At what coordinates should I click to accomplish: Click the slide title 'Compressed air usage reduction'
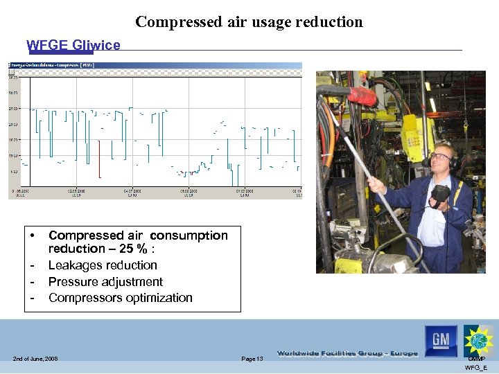coord(249,22)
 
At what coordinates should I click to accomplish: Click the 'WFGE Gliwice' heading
coord(73,46)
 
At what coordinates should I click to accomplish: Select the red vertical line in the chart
coord(99,159)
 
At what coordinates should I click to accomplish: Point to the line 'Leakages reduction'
coord(103,265)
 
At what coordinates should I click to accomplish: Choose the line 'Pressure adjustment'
coord(105,282)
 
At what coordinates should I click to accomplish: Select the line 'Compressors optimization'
coord(120,298)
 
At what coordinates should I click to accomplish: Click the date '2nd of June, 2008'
coord(35,358)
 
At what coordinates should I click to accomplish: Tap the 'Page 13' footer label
coord(252,358)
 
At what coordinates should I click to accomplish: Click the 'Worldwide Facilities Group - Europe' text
coord(347,353)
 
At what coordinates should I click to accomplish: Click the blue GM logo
coord(441,340)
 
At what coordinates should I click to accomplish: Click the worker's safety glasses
coord(439,157)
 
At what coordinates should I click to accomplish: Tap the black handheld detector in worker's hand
coord(439,194)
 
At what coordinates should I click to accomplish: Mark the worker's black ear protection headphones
coord(452,163)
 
